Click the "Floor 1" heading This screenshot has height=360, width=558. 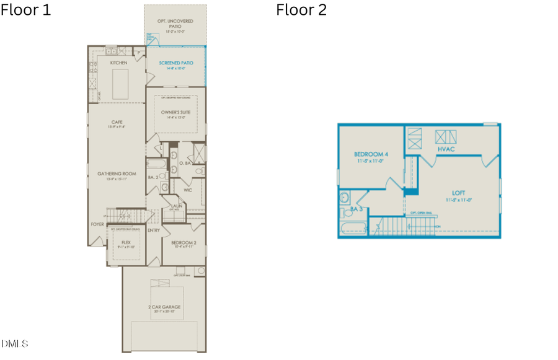tap(26, 10)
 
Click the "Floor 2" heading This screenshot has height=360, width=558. tap(301, 10)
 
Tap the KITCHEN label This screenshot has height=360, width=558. tap(118, 63)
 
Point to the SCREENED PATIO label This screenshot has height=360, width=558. tap(175, 63)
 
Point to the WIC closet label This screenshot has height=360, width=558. tap(187, 190)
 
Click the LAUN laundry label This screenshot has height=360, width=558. tap(176, 206)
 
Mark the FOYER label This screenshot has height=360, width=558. tap(97, 224)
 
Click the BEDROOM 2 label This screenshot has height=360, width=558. tap(183, 242)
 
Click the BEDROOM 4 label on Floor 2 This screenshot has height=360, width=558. tap(371, 154)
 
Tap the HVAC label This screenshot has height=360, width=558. tap(446, 149)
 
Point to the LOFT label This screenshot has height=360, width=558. tap(458, 193)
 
